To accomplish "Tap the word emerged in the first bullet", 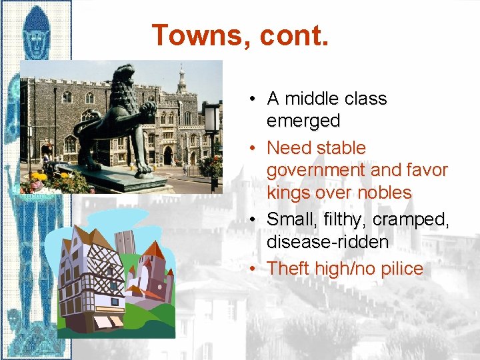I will click(303, 121).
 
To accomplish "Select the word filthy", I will click(344, 219).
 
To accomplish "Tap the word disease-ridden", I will click(327, 241).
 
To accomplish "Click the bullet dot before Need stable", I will click(255, 147).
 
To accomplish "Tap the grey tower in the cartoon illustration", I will click(125, 243).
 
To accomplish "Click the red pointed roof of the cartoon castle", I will click(155, 251).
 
